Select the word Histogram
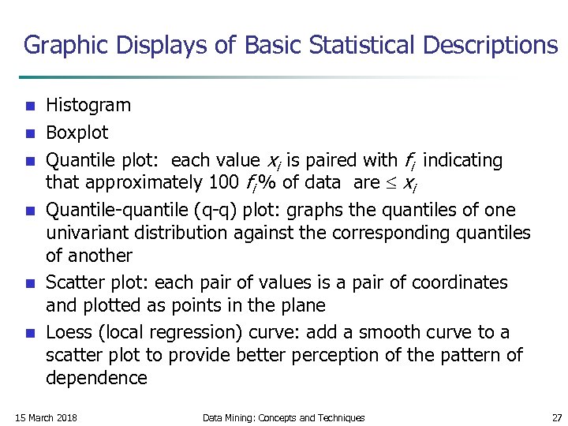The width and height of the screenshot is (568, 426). [88, 105]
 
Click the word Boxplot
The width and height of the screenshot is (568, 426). [77, 132]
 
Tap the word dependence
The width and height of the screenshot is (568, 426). [96, 378]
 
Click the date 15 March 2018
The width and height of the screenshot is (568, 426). [46, 417]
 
